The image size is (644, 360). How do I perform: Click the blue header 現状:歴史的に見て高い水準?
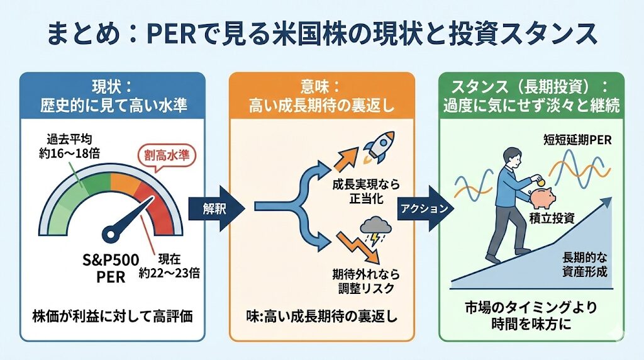tap(113, 94)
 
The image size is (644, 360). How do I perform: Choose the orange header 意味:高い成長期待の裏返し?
tap(321, 94)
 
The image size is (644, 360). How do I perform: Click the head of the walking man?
tap(511, 156)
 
